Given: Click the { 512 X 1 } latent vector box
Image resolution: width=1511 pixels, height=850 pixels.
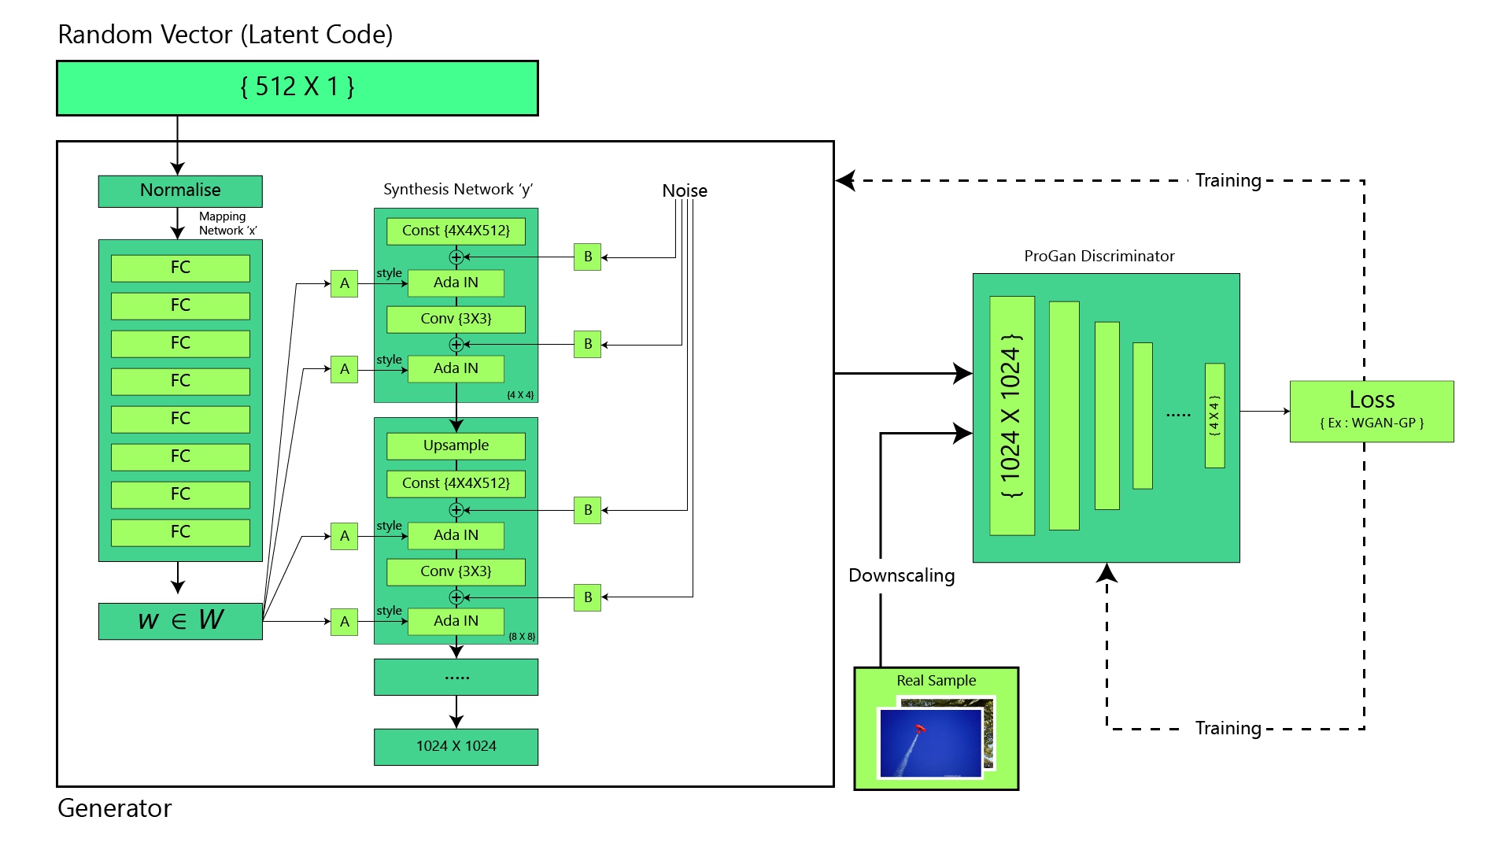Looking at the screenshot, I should [x=297, y=87].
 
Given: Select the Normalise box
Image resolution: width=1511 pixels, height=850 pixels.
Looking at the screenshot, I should [x=180, y=190].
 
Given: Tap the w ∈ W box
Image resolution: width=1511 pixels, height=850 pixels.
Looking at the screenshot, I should [x=180, y=620].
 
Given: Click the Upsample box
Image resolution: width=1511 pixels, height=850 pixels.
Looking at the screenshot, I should [x=456, y=445].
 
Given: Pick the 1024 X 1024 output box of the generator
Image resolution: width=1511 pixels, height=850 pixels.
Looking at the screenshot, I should [x=456, y=746].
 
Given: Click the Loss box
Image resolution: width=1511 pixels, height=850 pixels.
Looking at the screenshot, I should [x=1371, y=411].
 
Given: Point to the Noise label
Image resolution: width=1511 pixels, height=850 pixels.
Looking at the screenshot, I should [x=684, y=190].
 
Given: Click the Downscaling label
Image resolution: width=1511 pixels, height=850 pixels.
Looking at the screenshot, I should [x=901, y=575].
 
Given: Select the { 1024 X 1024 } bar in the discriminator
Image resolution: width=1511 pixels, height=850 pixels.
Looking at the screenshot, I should [x=1011, y=416].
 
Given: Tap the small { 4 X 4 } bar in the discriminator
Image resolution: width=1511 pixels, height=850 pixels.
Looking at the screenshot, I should [x=1214, y=416].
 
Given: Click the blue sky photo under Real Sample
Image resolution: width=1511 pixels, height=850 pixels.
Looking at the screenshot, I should [x=931, y=742].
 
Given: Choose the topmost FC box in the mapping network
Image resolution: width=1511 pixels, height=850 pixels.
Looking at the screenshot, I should [x=180, y=268].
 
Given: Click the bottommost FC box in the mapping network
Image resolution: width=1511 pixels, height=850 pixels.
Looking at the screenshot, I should [x=180, y=532].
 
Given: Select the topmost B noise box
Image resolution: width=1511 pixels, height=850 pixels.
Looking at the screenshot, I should [x=587, y=257].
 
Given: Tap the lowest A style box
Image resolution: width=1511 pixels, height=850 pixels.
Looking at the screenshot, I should [x=344, y=622].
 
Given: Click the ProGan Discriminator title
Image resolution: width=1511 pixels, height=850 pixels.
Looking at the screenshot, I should [x=1099, y=256].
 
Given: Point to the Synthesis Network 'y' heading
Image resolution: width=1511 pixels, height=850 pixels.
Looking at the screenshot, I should [x=457, y=189].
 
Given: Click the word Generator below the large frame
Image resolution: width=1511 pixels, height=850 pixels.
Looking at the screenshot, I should [x=114, y=808].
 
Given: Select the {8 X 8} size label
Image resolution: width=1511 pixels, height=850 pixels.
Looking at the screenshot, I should [x=521, y=636].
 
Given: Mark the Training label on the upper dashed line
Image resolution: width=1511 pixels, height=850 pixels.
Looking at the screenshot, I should [x=1228, y=180].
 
